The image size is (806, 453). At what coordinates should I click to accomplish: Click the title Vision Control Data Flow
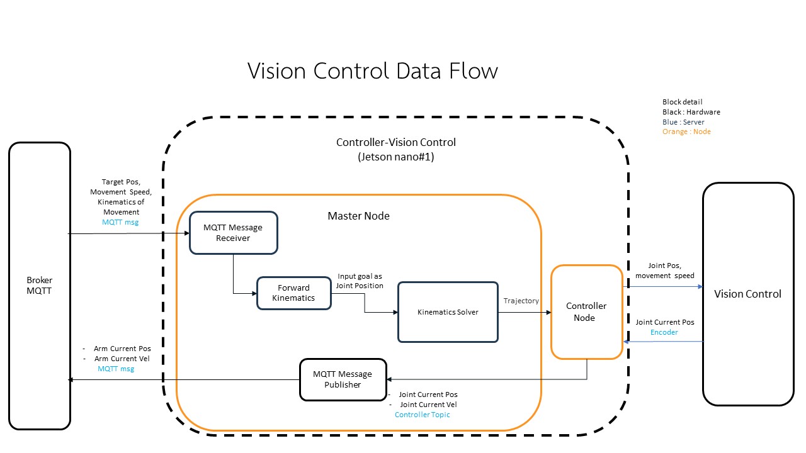click(x=372, y=70)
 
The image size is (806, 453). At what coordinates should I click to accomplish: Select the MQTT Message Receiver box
click(x=233, y=233)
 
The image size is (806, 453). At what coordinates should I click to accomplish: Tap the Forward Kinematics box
click(x=293, y=293)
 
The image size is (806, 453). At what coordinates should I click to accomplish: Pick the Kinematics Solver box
click(x=448, y=312)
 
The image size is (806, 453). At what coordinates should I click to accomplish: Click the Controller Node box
click(x=586, y=312)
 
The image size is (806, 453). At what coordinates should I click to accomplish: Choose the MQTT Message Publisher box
click(x=343, y=379)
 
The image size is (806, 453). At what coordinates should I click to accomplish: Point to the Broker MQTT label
click(x=39, y=286)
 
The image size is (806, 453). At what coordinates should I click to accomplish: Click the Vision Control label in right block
click(x=747, y=294)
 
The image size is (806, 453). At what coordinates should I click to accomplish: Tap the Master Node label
click(x=358, y=216)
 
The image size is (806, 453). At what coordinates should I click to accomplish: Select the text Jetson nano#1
click(x=395, y=157)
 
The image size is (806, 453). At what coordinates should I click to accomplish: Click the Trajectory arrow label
click(x=521, y=301)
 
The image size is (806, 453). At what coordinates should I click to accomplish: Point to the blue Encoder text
click(x=664, y=332)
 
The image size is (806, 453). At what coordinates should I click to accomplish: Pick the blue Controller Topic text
click(x=422, y=415)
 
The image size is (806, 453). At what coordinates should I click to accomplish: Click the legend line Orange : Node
click(x=686, y=131)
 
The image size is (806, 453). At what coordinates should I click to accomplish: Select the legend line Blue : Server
click(x=683, y=122)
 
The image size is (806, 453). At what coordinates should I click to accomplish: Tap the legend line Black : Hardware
click(x=691, y=112)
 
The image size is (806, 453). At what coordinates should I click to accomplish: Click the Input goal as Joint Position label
click(x=360, y=281)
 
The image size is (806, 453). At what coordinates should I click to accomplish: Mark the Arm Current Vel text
click(x=122, y=359)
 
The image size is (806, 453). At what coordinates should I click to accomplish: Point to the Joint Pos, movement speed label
click(x=664, y=271)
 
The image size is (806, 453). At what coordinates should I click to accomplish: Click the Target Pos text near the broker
click(x=121, y=182)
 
